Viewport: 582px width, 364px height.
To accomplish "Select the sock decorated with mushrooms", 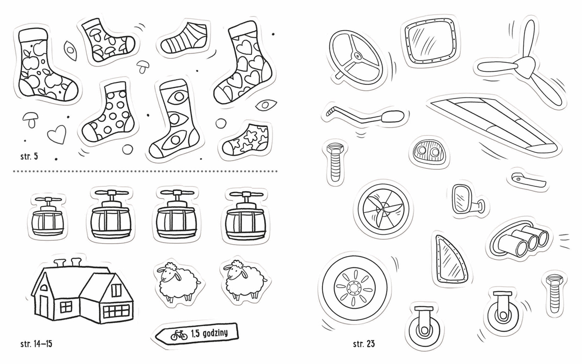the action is [x=107, y=42].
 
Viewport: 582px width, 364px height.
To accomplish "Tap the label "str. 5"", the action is [x=29, y=156].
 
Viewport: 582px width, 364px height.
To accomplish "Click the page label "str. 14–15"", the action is [x=36, y=344].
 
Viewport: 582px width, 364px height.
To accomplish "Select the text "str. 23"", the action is [x=364, y=344].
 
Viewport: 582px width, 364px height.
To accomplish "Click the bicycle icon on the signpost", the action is [x=179, y=335].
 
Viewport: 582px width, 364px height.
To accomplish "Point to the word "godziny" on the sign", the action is [x=214, y=333].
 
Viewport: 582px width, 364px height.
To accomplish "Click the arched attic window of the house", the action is [x=44, y=287].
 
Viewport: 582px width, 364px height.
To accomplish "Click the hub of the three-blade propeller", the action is [x=523, y=68].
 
